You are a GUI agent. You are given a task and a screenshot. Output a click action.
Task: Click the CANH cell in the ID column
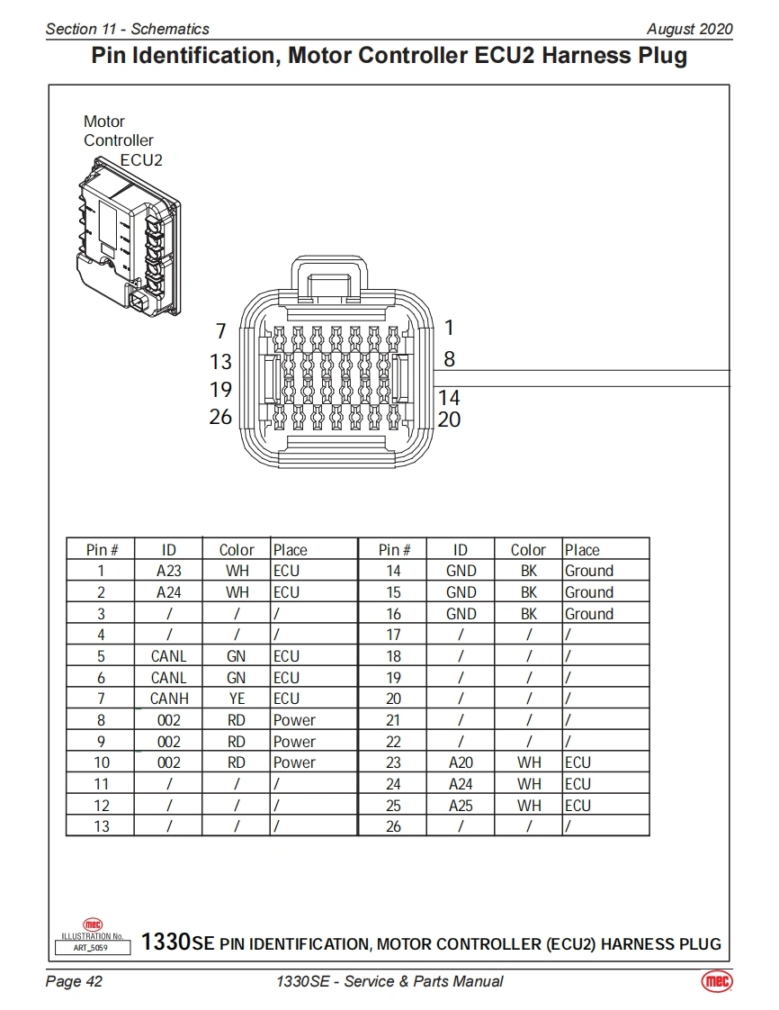[x=169, y=699]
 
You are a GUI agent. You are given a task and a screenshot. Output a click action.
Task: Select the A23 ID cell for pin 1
[x=169, y=571]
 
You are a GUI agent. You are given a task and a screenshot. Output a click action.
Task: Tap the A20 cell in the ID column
[x=461, y=762]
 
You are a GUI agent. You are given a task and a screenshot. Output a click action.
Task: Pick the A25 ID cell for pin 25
[x=461, y=806]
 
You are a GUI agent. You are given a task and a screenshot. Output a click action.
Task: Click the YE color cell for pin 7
[x=237, y=699]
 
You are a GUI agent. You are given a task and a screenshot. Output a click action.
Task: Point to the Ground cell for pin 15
[x=589, y=592]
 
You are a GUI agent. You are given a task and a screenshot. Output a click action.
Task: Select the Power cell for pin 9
[x=294, y=742]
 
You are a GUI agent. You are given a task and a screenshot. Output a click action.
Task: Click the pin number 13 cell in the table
[x=101, y=826]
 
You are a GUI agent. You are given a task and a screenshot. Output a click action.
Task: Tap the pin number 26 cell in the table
[x=393, y=826]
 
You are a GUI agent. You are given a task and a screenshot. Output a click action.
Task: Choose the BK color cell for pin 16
[x=529, y=614]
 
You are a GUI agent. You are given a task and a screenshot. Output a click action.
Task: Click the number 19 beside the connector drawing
[x=220, y=390]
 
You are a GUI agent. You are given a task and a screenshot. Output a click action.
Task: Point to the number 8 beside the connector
[x=449, y=359]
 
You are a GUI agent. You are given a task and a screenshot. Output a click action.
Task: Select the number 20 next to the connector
[x=449, y=419]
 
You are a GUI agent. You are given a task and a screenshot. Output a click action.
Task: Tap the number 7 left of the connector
[x=221, y=330]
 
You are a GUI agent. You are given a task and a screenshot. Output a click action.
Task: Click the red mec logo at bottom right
[x=716, y=981]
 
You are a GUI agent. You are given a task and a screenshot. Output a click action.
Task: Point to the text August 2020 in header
[x=689, y=29]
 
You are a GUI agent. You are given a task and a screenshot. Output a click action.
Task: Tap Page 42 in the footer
[x=74, y=981]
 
